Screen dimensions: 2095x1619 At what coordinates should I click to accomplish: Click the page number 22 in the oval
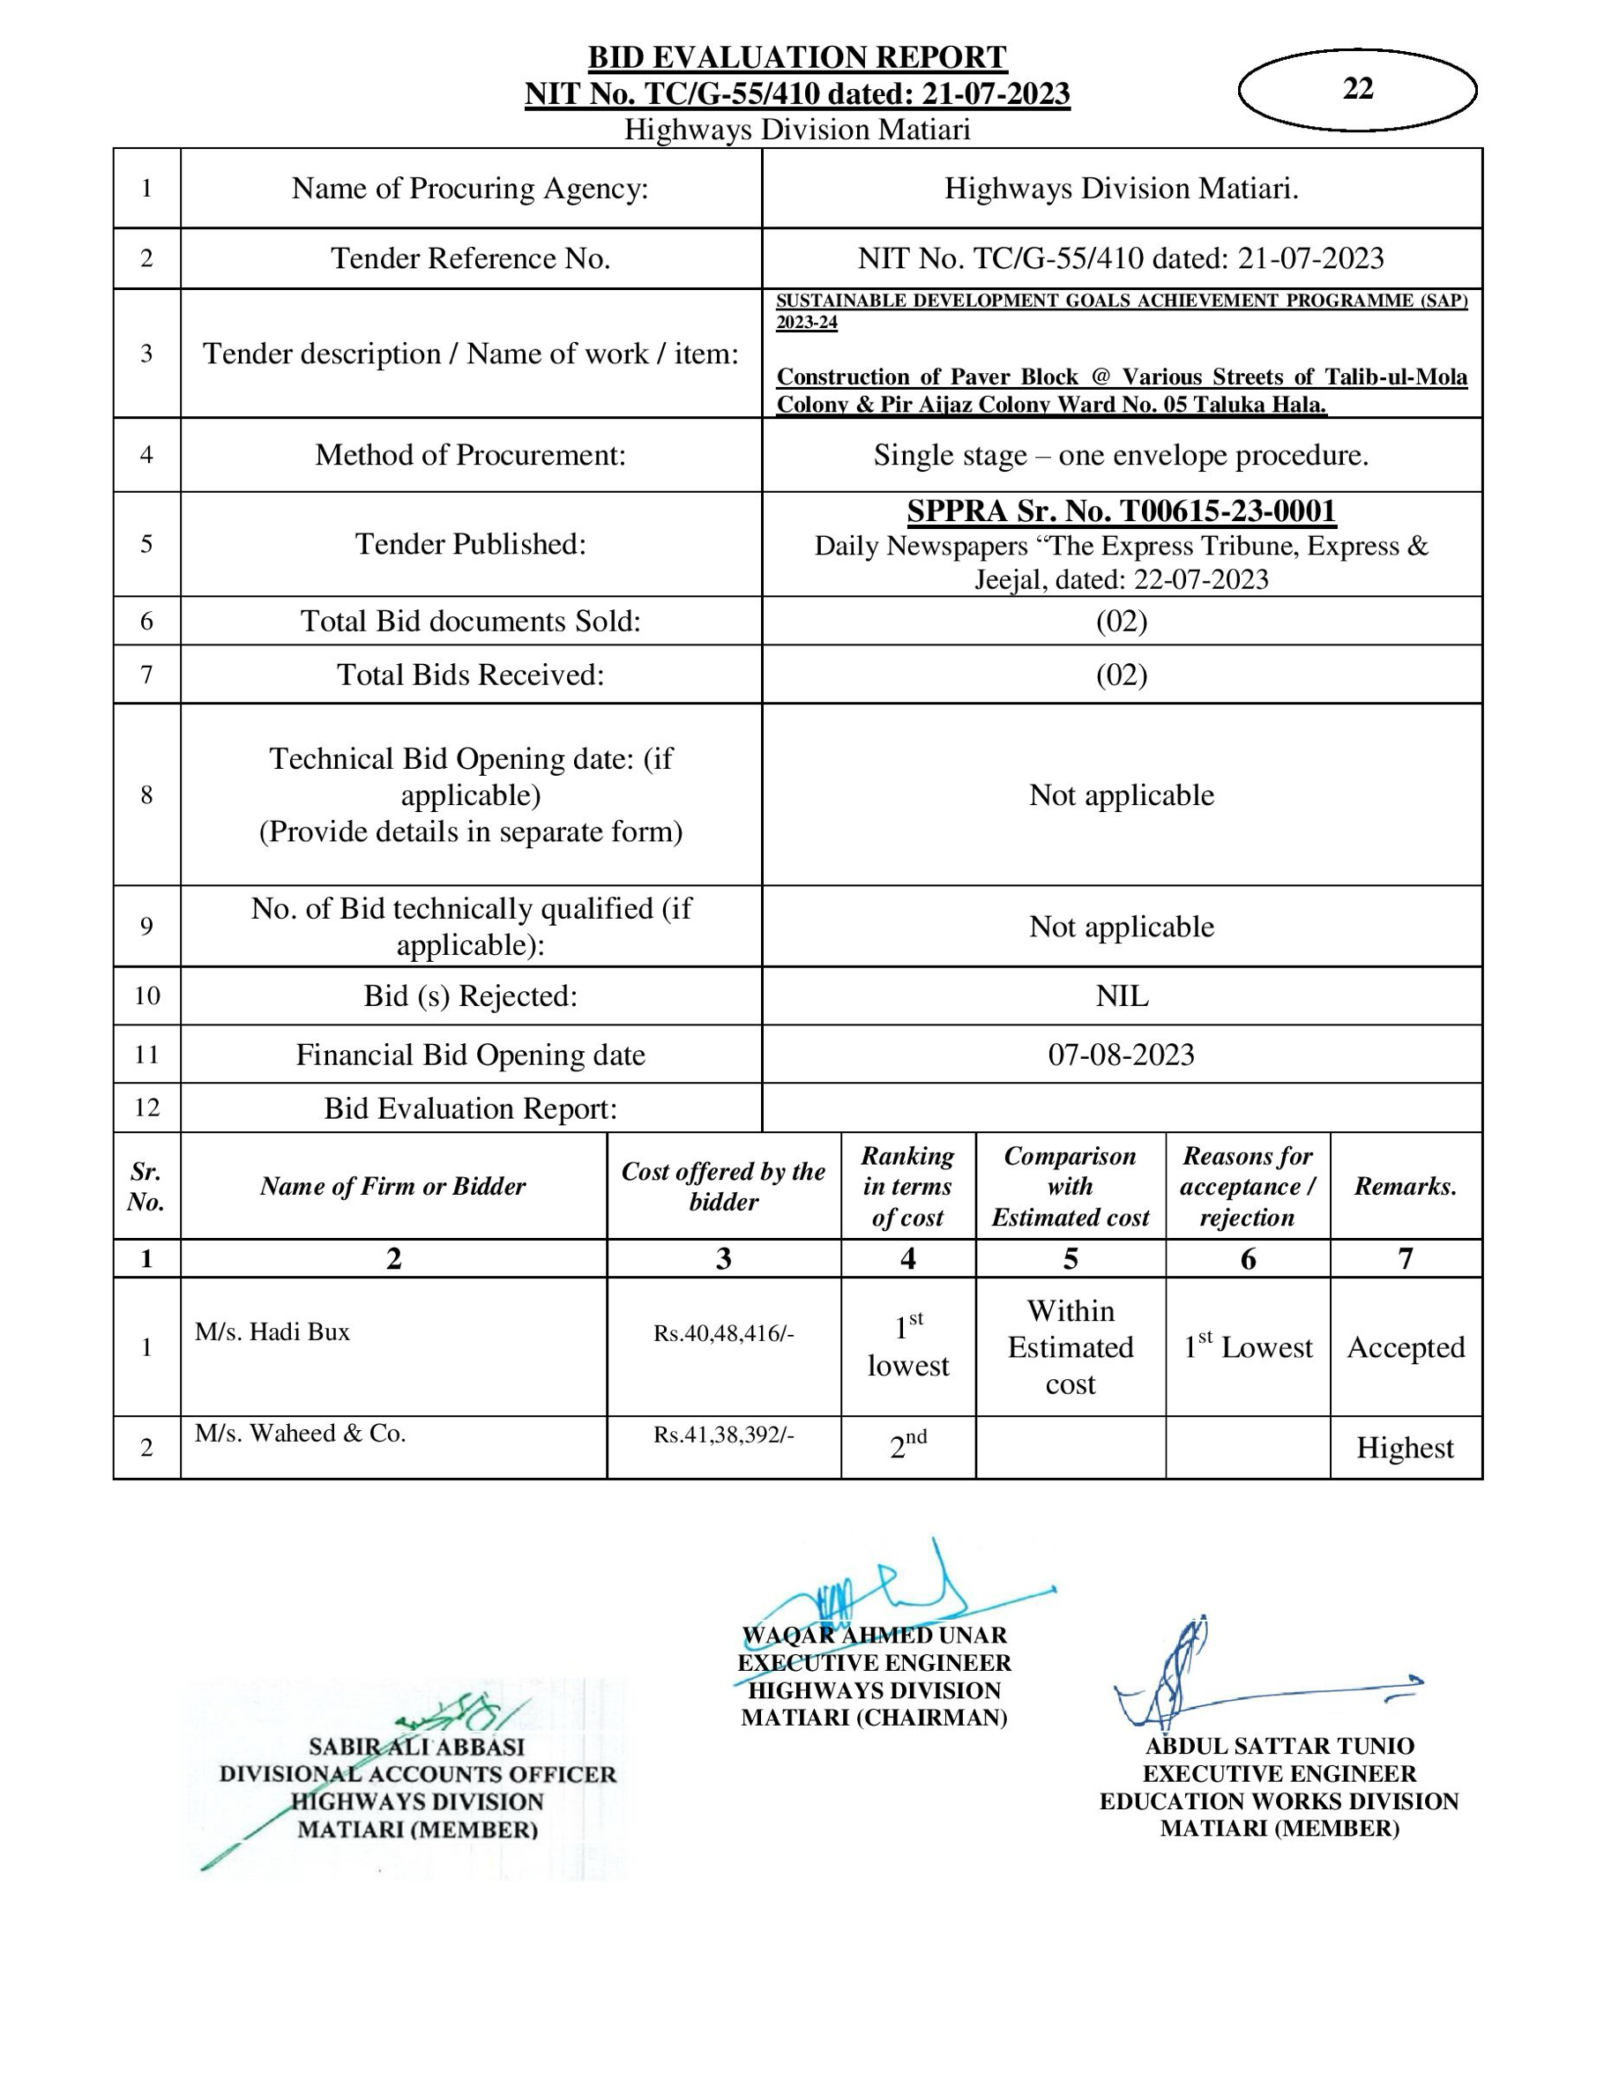pos(1357,88)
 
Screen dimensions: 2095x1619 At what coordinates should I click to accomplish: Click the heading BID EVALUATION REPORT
pos(797,57)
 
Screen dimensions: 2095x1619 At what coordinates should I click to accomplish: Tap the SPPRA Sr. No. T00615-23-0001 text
pos(1121,511)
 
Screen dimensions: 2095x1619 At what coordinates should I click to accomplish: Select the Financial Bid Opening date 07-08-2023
pos(1121,1055)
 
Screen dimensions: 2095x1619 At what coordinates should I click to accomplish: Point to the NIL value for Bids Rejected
pos(1121,995)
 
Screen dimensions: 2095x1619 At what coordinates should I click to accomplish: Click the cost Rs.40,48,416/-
pos(723,1333)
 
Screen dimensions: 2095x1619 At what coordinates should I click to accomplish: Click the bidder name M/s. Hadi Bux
pos(272,1331)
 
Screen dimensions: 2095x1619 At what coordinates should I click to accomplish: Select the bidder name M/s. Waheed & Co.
pos(300,1433)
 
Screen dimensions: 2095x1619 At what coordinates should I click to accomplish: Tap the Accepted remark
pos(1405,1348)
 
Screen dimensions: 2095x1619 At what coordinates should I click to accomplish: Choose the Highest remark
pos(1404,1448)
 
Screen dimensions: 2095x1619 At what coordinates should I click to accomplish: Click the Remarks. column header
pos(1405,1187)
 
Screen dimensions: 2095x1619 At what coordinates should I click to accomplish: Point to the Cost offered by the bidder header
pos(723,1187)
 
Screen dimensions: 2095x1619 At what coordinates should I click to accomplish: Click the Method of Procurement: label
pos(470,455)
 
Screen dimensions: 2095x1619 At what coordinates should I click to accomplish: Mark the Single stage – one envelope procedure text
pos(1121,455)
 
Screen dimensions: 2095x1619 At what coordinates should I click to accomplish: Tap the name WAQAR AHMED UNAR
pos(874,1636)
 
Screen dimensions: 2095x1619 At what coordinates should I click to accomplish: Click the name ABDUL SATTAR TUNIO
pos(1280,1746)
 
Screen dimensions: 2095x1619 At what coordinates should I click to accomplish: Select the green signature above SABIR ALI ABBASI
pos(460,1717)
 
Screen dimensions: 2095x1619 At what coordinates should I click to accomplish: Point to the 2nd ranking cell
pos(907,1445)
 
